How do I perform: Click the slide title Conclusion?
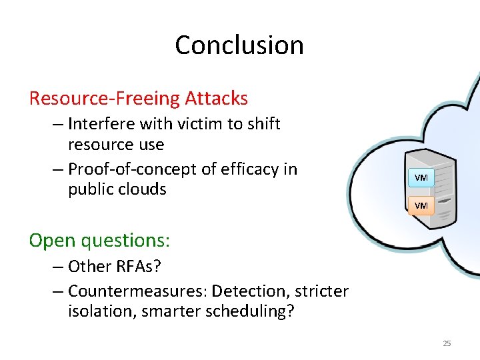[x=239, y=45]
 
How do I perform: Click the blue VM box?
[x=421, y=178]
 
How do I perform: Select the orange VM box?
[x=421, y=205]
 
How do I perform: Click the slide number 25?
[x=447, y=343]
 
